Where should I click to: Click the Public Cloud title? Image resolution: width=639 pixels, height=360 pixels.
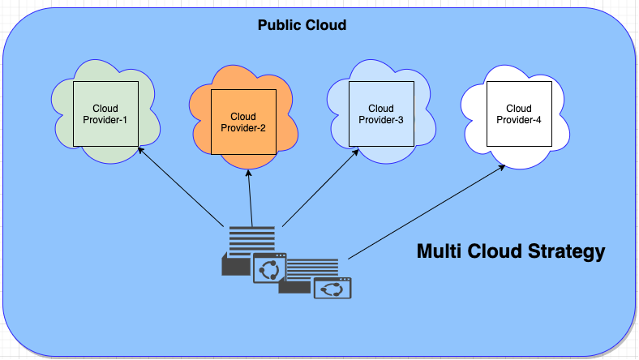point(302,25)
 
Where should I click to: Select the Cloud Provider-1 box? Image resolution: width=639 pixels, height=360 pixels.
point(105,114)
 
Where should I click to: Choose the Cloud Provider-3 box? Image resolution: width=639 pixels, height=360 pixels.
point(380,114)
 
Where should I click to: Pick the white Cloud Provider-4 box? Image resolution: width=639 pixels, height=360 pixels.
point(518,114)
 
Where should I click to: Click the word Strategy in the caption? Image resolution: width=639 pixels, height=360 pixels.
point(564,251)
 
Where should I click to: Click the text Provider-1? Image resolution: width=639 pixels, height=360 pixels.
point(105,120)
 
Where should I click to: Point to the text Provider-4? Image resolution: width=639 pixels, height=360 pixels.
point(519,120)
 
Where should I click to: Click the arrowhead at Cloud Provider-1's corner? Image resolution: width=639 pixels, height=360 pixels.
point(140,150)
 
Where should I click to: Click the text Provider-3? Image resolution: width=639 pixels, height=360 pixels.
point(381,120)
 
